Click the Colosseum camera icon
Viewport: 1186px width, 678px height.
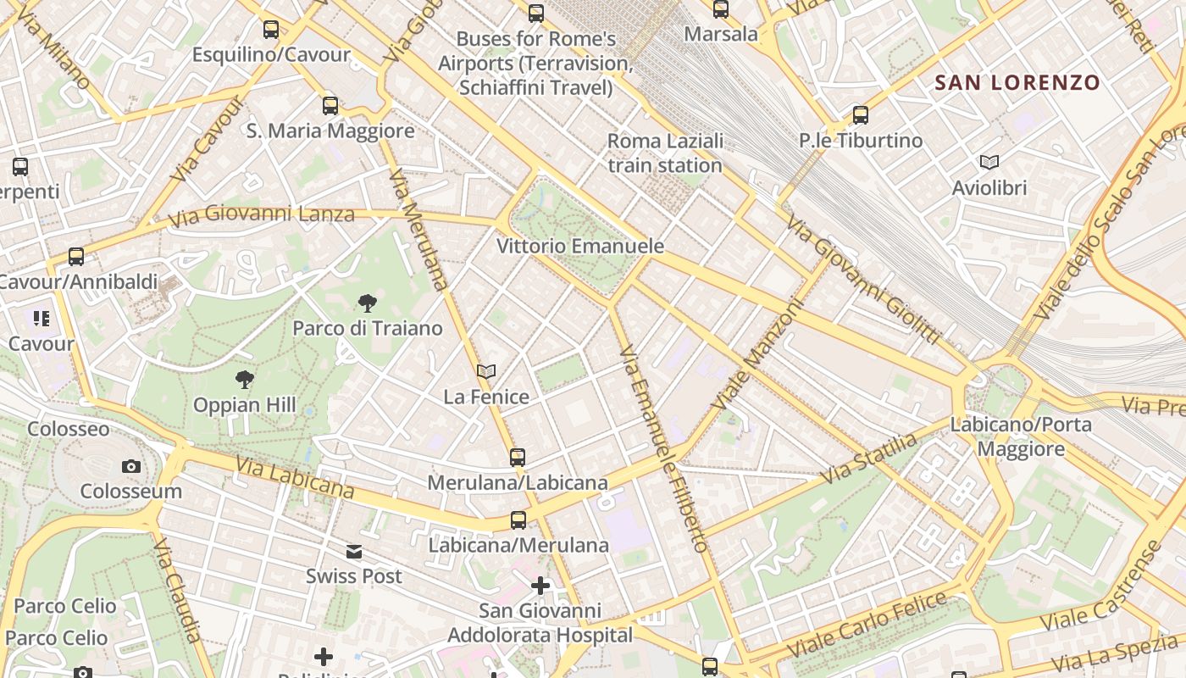coord(130,466)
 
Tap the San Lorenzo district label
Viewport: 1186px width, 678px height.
coord(1017,83)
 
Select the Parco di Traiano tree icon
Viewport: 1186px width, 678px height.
coord(367,303)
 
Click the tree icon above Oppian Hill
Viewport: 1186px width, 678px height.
coord(245,379)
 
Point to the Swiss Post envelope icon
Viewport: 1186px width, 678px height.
coord(353,553)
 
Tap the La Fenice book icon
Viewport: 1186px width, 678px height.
coord(486,371)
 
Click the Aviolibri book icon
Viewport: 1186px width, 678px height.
coord(989,162)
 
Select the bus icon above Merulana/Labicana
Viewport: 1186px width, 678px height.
coord(518,458)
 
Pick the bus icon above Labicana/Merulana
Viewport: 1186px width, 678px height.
coord(518,520)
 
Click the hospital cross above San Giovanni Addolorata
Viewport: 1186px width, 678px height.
coord(540,586)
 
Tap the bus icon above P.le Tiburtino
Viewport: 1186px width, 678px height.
coord(861,114)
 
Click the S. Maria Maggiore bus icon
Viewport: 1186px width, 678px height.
coord(330,106)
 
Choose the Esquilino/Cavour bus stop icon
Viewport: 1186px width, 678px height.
coord(271,30)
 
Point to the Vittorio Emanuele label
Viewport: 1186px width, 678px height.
coord(580,247)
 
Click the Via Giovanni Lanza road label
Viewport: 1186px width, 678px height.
coord(261,214)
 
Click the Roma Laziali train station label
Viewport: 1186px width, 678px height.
coord(665,153)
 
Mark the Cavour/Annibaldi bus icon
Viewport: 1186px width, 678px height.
coord(76,256)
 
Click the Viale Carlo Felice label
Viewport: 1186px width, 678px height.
coord(867,625)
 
